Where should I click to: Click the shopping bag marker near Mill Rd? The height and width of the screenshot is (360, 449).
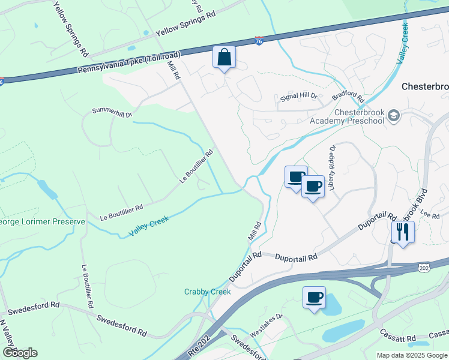tap(224, 58)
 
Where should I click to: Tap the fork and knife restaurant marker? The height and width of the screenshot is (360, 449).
tap(402, 232)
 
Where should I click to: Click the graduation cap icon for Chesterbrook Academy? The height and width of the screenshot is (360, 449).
tap(394, 115)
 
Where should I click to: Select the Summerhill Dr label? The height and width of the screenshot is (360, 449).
tap(112, 112)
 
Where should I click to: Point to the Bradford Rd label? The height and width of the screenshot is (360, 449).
tap(348, 95)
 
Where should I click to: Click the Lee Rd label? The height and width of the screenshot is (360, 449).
tap(430, 214)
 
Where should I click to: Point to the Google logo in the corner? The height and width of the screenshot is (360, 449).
tap(20, 353)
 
